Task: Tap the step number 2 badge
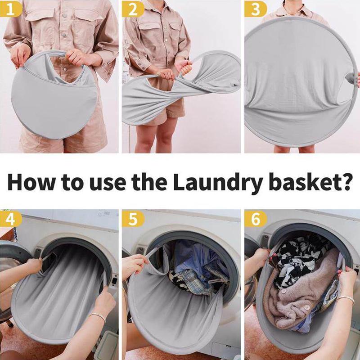[x=133, y=9]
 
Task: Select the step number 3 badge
[x=256, y=9]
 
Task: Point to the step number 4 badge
[x=10, y=219]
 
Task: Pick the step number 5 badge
[x=133, y=219]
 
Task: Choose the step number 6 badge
[x=256, y=219]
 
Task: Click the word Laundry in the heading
[x=218, y=184]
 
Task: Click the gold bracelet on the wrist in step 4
[x=97, y=317]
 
